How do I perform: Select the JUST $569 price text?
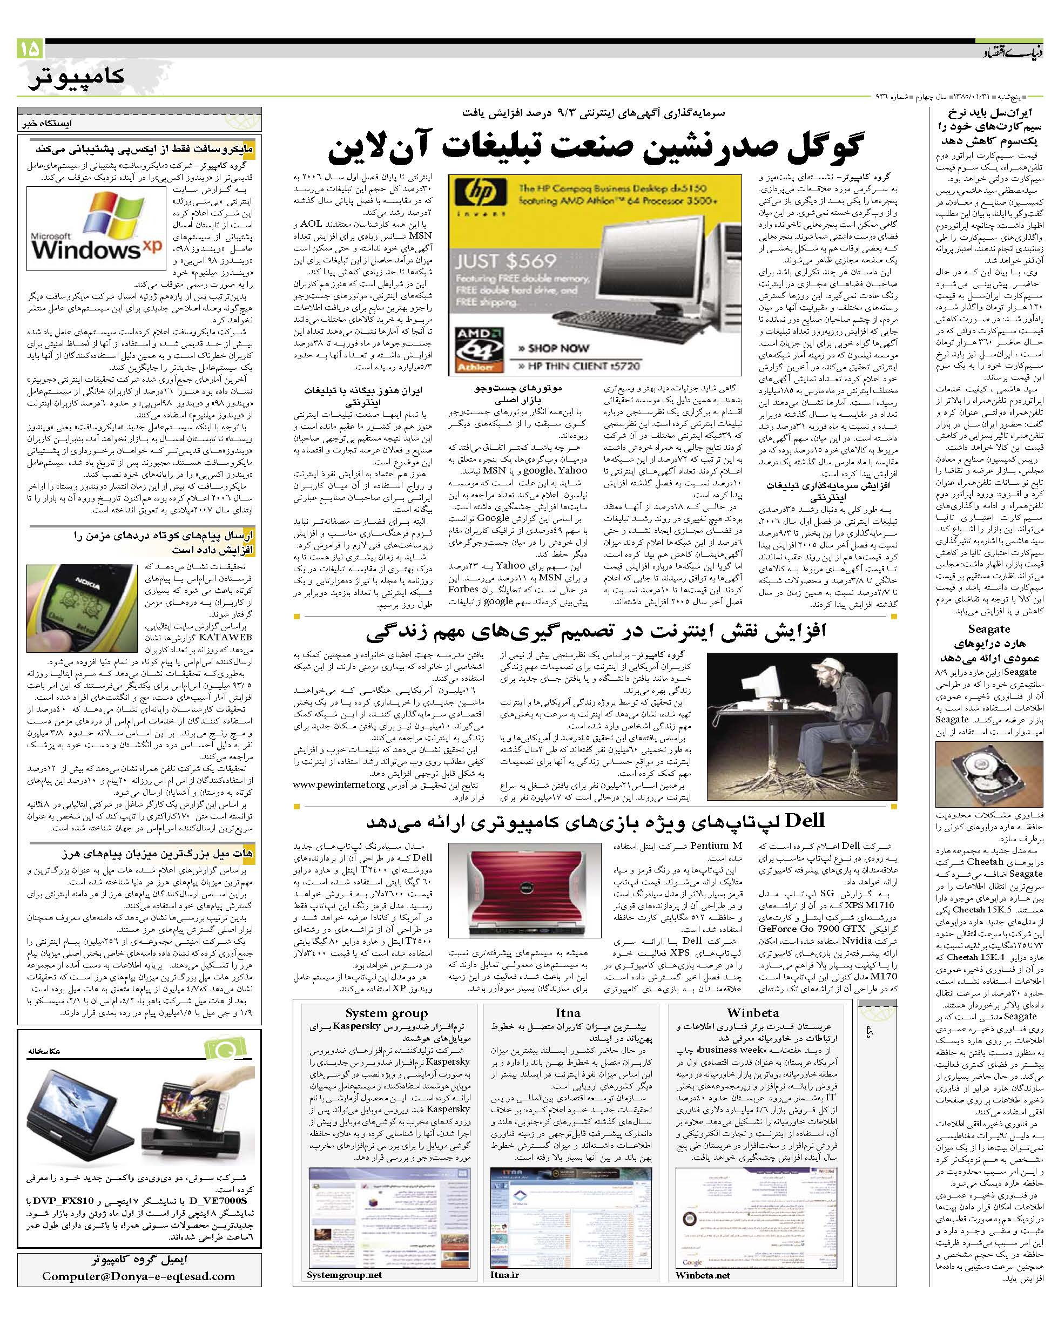point(505,261)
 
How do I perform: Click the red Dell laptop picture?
point(524,889)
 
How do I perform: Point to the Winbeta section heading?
point(752,1013)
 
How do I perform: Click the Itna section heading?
point(567,1013)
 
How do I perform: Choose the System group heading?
point(386,1013)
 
